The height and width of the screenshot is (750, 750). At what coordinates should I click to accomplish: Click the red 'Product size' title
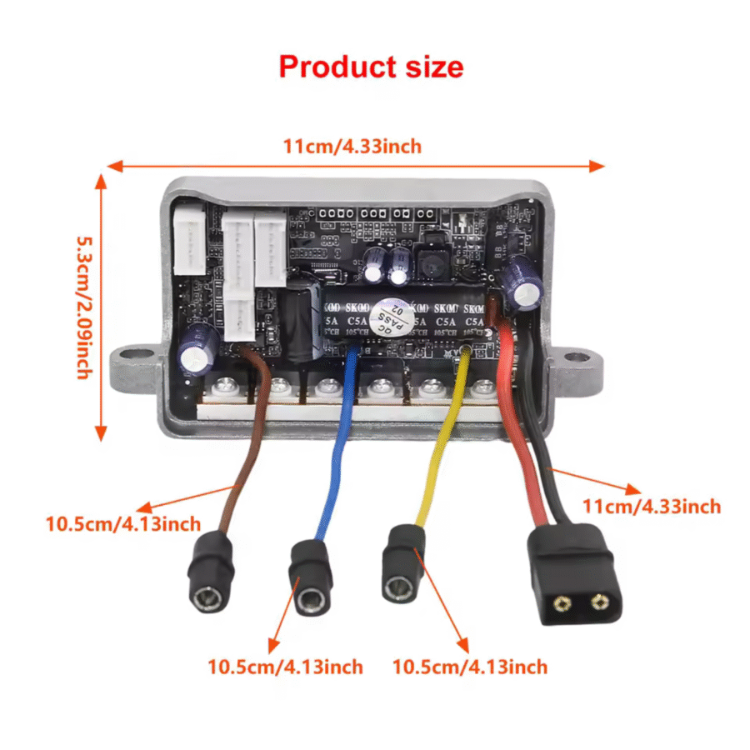371,66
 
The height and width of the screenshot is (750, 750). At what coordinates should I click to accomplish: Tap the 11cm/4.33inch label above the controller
352,147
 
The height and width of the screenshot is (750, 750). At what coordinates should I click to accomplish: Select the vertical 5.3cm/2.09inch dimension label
82,307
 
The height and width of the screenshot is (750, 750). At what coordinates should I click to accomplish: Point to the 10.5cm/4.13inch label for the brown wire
122,524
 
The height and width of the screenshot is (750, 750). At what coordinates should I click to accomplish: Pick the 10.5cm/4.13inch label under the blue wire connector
285,667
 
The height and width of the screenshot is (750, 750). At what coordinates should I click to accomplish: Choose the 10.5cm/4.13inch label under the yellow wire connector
470,667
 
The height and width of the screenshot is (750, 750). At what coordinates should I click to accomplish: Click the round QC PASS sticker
392,318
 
